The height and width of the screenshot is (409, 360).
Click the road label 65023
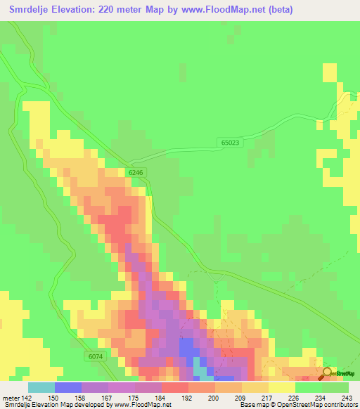point(230,143)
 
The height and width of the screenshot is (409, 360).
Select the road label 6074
point(96,356)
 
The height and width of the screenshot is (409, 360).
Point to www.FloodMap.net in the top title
point(219,10)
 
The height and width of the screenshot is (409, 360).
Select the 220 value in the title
point(110,10)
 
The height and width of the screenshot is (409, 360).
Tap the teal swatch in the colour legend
point(41,387)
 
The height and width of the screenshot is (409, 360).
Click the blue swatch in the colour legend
point(68,387)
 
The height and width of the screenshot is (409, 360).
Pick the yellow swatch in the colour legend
point(281,387)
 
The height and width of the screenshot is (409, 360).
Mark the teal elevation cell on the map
point(200,370)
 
